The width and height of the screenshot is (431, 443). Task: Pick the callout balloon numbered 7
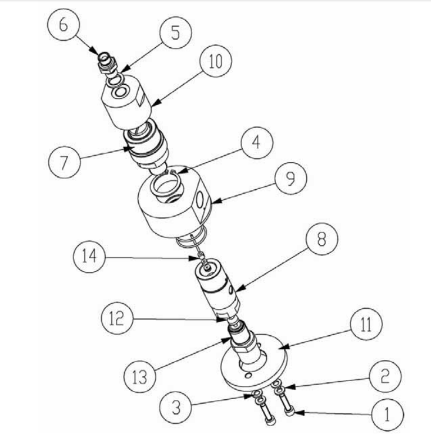coord(63,162)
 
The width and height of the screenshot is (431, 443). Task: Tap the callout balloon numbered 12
coord(116,319)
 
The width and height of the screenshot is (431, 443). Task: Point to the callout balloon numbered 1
coord(387,414)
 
